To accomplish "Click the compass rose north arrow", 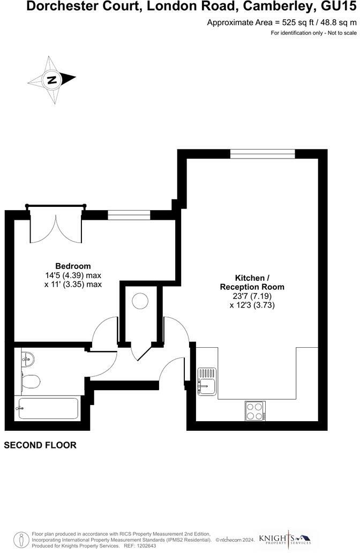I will tap(52, 80).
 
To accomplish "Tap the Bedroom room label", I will tap(73, 266).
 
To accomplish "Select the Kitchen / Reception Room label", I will tap(252, 282).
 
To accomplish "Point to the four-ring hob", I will tap(255, 411).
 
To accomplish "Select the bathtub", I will tap(48, 408).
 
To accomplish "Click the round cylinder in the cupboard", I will tap(140, 301).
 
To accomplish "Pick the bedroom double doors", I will tap(56, 225).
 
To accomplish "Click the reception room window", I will tap(262, 154).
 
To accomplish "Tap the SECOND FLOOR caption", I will tap(40, 445).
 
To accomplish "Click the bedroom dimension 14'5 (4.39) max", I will tap(73, 275).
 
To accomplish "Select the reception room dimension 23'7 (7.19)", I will tap(252, 296).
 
